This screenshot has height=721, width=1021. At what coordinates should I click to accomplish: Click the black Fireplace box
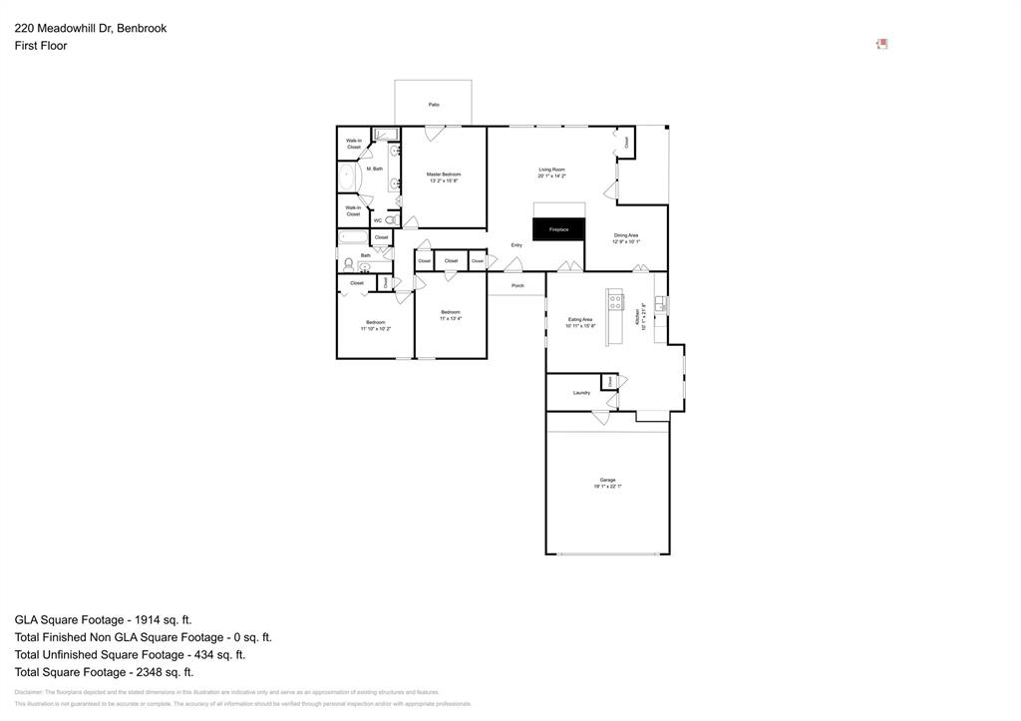pos(558,229)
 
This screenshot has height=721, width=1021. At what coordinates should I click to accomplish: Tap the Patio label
pos(434,105)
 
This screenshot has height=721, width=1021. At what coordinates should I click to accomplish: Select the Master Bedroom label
pos(444,176)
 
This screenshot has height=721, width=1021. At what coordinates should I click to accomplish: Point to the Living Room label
pos(551,171)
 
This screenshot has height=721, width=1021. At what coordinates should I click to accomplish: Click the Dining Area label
pos(626,236)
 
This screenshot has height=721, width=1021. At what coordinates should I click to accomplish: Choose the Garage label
pos(607,481)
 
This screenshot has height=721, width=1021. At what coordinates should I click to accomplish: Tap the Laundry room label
pos(581,393)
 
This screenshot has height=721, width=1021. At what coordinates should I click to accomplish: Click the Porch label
pos(517,286)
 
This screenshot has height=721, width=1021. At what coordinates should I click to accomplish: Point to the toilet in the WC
pos(391,219)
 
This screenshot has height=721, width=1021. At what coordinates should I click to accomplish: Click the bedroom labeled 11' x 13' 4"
pos(451,315)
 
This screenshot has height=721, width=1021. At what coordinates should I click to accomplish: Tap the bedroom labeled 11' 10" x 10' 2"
pos(375,324)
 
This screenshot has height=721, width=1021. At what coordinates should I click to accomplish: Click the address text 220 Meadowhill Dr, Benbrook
pos(91,28)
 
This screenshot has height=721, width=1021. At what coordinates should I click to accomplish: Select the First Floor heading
pos(41,46)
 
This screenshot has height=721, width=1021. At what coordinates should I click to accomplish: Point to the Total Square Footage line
pos(104,672)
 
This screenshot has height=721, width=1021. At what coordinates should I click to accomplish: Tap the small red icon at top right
pos(881,44)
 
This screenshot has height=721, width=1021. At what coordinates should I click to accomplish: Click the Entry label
pos(516,244)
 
